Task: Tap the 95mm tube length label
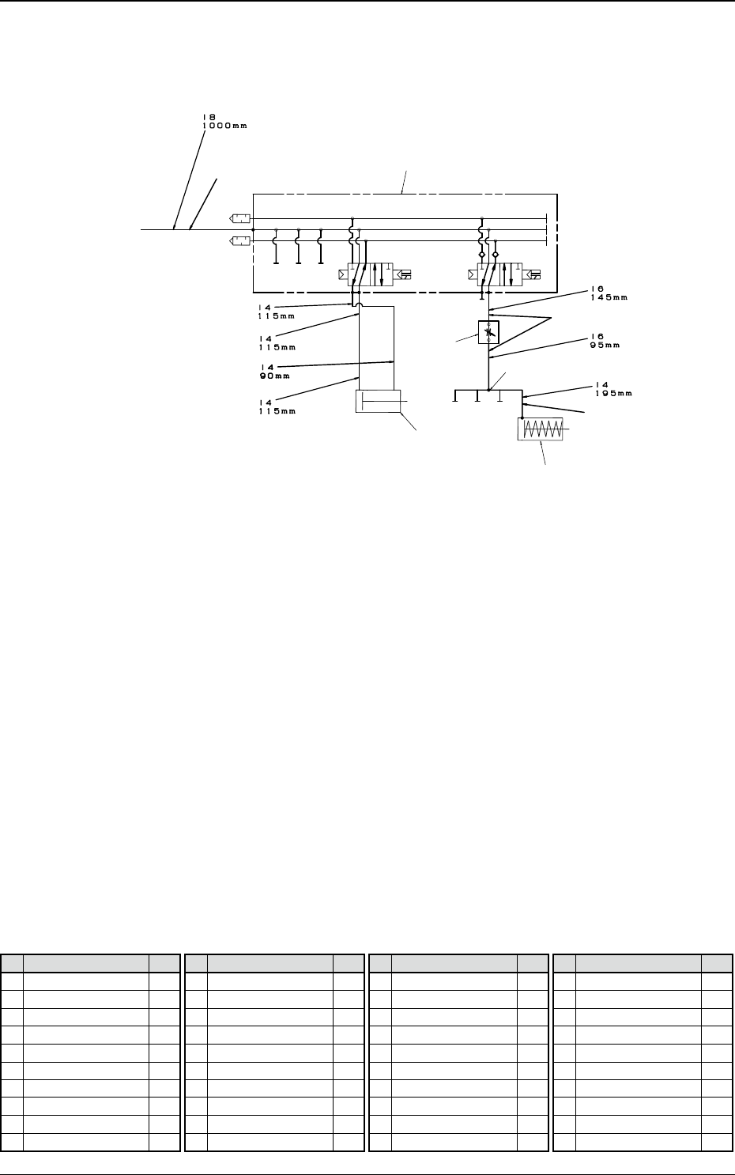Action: (x=605, y=346)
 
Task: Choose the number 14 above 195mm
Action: (x=601, y=384)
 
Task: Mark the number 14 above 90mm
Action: (x=267, y=367)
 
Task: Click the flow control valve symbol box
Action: (x=488, y=332)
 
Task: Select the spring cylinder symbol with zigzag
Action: (x=541, y=429)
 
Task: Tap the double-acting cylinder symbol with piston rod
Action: (x=379, y=401)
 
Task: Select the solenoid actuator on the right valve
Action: (x=533, y=274)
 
